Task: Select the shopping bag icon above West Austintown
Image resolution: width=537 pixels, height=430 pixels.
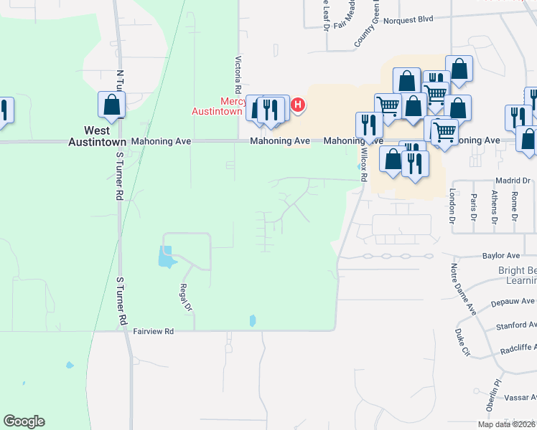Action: pyautogui.click(x=112, y=105)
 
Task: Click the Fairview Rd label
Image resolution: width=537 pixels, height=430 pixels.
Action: pyautogui.click(x=154, y=331)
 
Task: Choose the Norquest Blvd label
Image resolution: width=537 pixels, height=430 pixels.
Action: pyautogui.click(x=408, y=20)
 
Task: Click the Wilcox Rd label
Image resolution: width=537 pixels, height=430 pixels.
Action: pyautogui.click(x=364, y=165)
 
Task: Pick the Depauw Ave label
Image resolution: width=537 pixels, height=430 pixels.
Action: pyautogui.click(x=513, y=302)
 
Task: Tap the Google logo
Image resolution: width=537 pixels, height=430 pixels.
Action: pyautogui.click(x=24, y=421)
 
